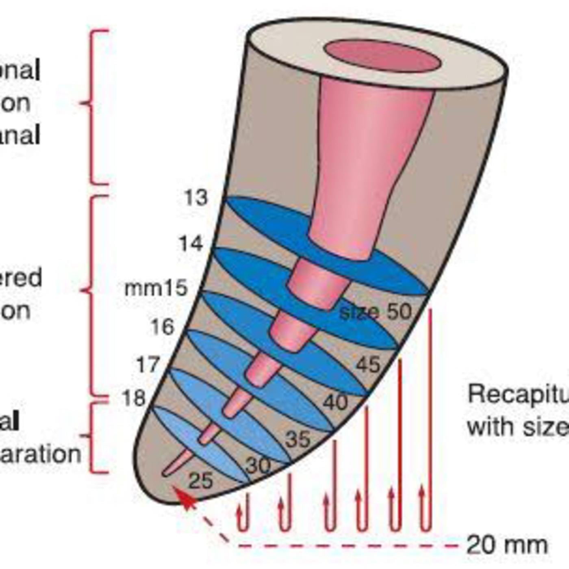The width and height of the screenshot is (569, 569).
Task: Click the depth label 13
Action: [x=196, y=198]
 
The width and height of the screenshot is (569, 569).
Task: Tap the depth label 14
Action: [x=191, y=243]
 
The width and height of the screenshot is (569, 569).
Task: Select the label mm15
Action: [x=156, y=288]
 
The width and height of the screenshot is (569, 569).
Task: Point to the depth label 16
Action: [x=163, y=327]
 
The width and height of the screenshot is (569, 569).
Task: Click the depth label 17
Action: [x=148, y=365]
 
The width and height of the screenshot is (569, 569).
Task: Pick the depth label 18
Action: [x=134, y=398]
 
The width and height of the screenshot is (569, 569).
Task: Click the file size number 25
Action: [x=201, y=481]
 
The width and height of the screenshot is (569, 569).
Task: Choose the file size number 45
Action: [x=368, y=365]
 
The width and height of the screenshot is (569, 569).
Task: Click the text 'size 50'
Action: [x=376, y=312]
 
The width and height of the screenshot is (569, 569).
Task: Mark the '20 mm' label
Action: [x=507, y=545]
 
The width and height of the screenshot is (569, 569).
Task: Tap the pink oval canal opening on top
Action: [x=382, y=56]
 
